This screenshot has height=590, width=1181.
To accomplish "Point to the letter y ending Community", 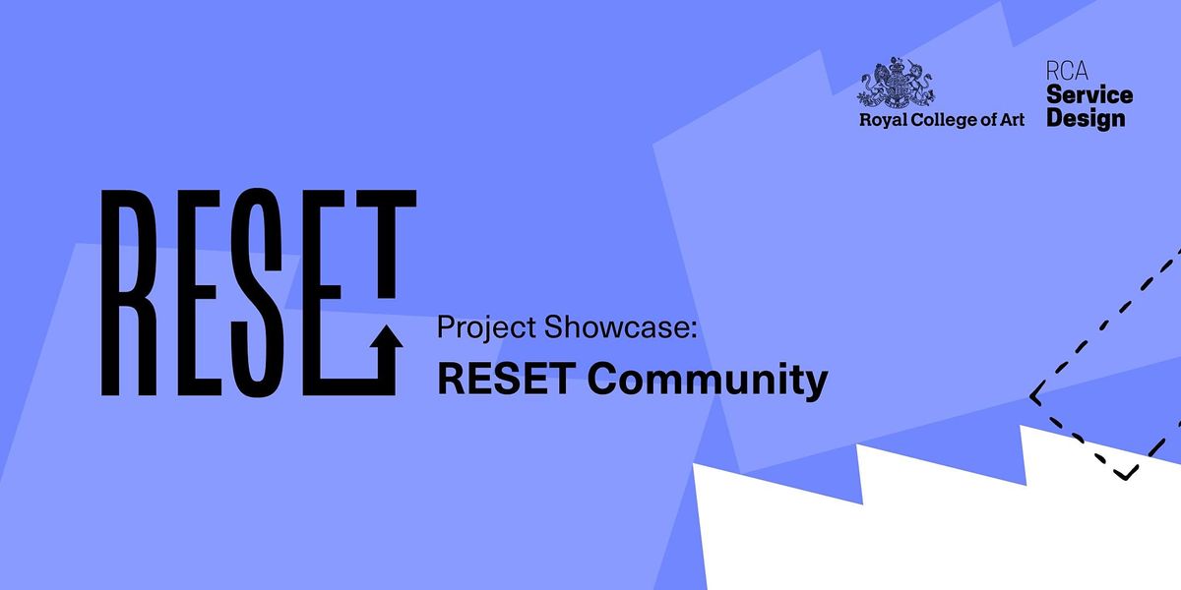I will pyautogui.click(x=814, y=384).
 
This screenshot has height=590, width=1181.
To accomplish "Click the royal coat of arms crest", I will pyautogui.click(x=896, y=83).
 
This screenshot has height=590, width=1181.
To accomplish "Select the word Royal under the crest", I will pyautogui.click(x=882, y=121).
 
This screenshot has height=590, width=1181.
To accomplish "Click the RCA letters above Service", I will pyautogui.click(x=1067, y=73).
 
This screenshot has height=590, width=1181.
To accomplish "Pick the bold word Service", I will pyautogui.click(x=1089, y=95).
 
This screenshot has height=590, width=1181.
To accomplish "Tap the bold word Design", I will pyautogui.click(x=1086, y=118).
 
